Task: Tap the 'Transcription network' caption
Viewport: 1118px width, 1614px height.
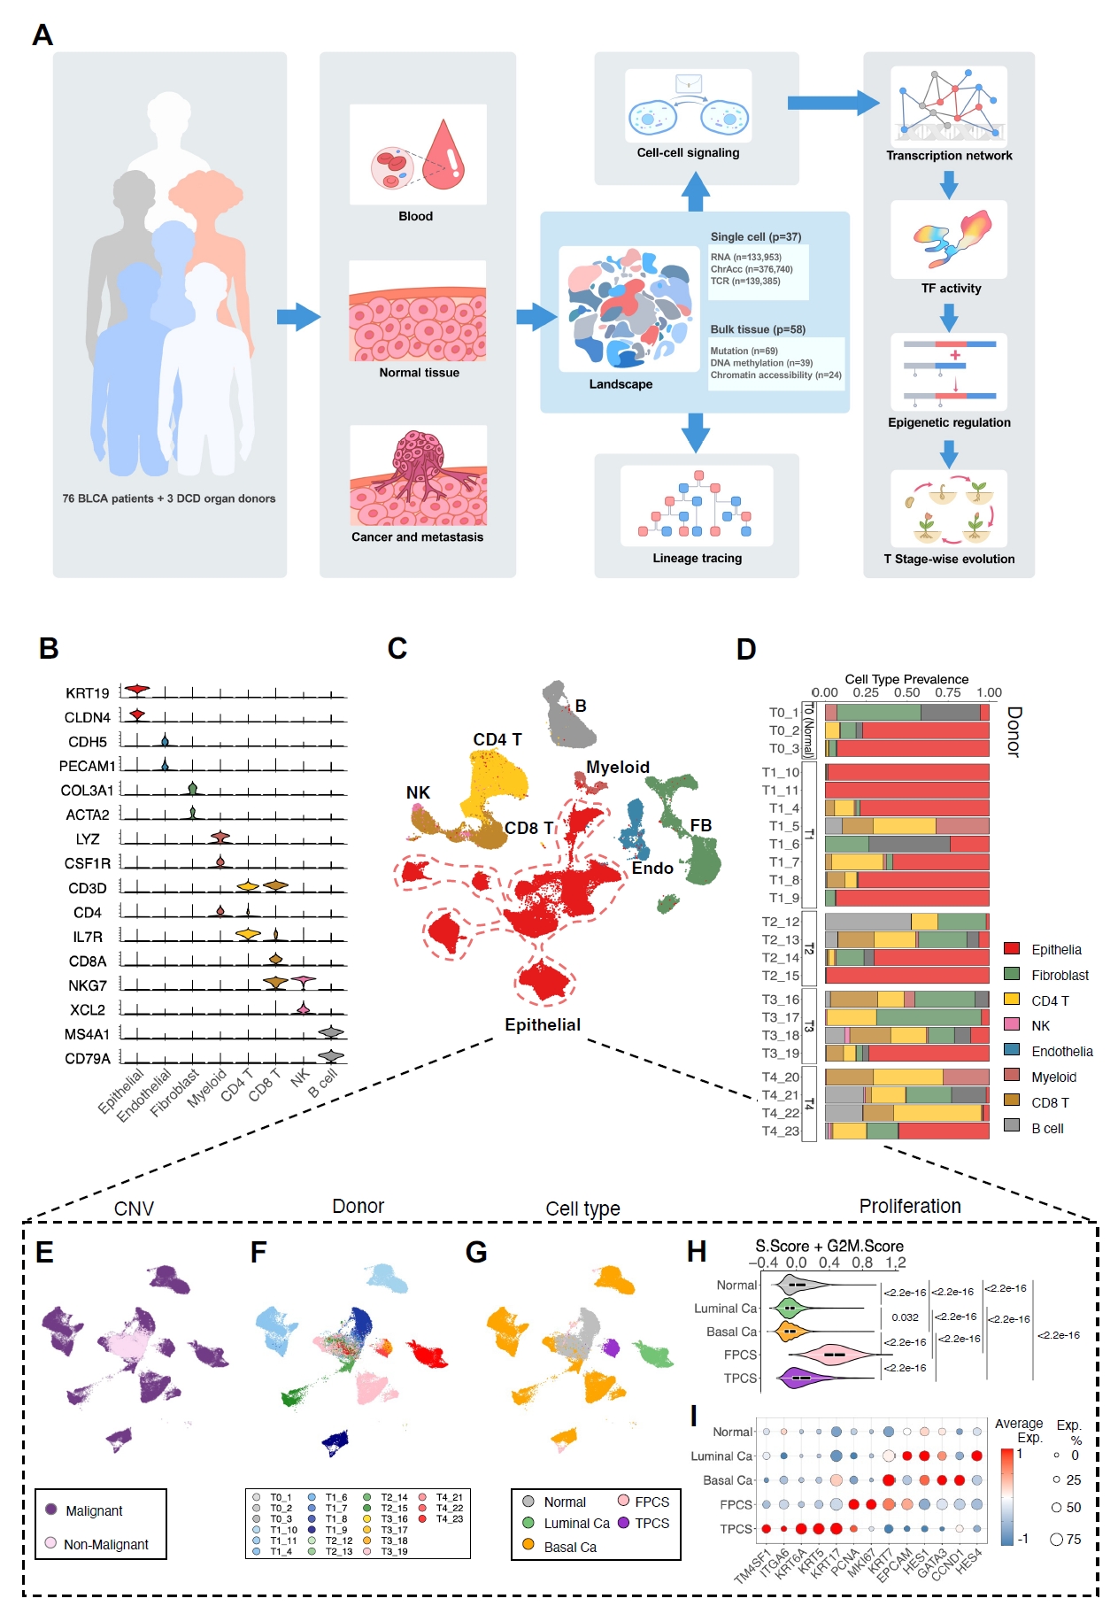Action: (949, 156)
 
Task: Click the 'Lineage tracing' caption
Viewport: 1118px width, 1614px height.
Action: (697, 559)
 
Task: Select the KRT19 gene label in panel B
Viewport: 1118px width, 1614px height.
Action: (87, 693)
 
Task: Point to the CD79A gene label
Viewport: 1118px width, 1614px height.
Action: (87, 1059)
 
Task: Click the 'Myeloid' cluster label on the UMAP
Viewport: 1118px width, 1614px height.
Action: (617, 768)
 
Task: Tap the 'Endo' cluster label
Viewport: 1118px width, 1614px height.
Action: (652, 869)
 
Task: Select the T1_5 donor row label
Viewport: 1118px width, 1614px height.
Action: (783, 826)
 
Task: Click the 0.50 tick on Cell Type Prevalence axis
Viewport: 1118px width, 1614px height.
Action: (906, 693)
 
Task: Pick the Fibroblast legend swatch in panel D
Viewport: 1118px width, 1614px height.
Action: (1012, 974)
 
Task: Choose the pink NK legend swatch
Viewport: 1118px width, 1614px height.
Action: (1012, 1024)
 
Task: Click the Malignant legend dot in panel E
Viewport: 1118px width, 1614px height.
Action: (51, 1510)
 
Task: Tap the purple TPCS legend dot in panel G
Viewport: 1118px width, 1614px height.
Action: (623, 1523)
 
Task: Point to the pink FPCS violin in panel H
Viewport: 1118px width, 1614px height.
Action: (830, 1354)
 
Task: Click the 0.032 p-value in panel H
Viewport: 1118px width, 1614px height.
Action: (905, 1317)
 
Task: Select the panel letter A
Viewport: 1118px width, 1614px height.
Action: (42, 35)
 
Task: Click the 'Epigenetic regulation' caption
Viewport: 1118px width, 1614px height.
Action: (949, 423)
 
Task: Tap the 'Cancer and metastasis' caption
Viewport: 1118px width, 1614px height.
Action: (417, 537)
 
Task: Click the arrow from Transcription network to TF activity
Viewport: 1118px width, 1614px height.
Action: (949, 184)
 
